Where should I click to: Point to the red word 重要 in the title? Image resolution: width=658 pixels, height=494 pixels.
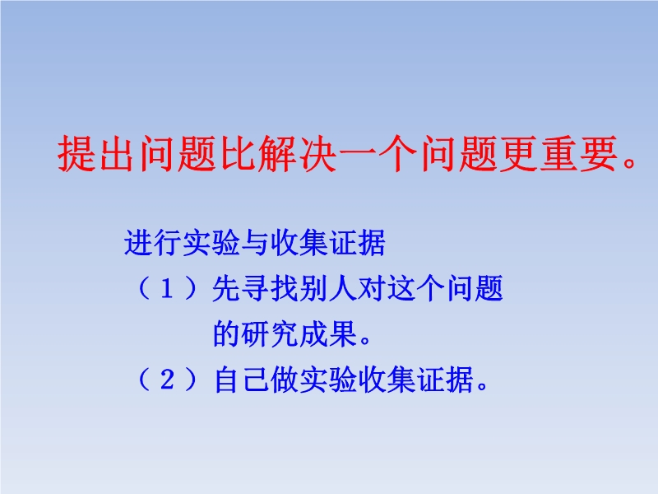coord(578,153)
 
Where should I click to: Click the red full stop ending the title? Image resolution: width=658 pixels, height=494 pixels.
coord(629,161)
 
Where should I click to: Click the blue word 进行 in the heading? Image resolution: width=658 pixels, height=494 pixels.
coord(153,243)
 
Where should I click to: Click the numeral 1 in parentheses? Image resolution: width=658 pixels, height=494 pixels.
coord(167,289)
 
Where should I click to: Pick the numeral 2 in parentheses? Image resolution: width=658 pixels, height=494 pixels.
coord(167,380)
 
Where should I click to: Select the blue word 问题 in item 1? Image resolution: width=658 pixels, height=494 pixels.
coord(475,289)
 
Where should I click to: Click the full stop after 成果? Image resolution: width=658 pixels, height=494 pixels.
coord(365,340)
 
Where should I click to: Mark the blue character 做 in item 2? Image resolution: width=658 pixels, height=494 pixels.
coord(285,380)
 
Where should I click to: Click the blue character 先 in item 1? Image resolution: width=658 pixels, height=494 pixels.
coord(227,289)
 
